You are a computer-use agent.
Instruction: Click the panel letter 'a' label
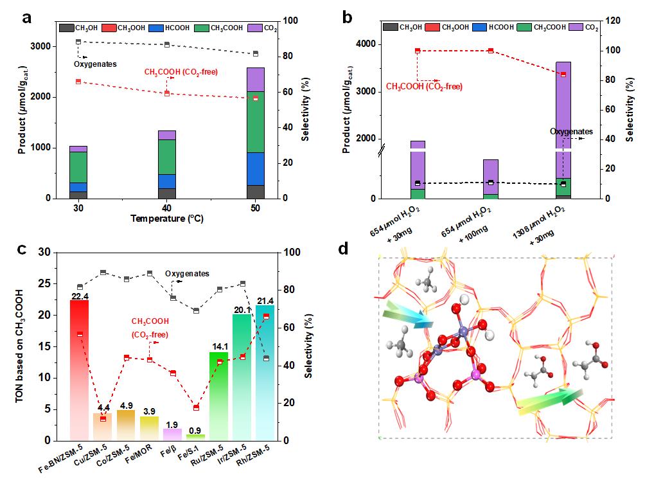click(28, 17)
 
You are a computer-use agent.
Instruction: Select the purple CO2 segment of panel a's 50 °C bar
click(256, 79)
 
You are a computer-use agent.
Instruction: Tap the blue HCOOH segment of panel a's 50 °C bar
click(256, 168)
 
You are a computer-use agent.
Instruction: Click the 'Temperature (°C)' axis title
click(167, 219)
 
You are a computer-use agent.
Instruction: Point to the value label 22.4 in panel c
click(79, 295)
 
